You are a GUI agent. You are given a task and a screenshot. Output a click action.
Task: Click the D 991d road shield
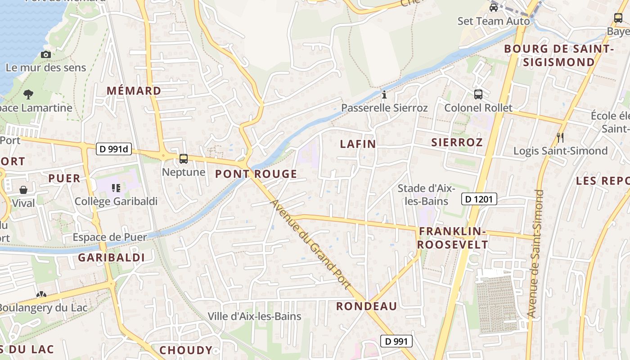point(114,149)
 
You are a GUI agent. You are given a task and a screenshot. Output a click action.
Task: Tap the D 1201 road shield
point(479,198)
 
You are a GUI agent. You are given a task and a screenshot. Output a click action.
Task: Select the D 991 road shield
point(396,341)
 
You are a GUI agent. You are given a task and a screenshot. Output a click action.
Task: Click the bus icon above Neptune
point(184,158)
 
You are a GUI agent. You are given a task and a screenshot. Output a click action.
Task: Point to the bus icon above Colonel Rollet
point(478,94)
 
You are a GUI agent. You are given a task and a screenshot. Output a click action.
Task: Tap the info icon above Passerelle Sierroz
point(384,94)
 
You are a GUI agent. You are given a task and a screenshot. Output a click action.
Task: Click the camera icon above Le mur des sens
point(45,54)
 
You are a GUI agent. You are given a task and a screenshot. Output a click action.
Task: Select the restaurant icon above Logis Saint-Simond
point(560,137)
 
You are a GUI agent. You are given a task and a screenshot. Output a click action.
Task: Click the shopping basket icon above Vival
point(23,190)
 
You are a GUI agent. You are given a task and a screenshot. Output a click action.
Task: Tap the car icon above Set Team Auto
point(494,8)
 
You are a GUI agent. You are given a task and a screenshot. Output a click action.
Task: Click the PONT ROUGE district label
point(256,174)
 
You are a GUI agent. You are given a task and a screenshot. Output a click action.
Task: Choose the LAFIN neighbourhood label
point(358,144)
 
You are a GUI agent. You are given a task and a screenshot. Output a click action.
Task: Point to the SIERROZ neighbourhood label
point(457,143)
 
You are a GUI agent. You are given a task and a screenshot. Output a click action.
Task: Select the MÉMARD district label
point(134,91)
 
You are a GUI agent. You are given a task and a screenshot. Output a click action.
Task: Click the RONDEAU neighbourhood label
point(367,306)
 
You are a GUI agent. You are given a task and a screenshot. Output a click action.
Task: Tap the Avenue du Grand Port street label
point(310,244)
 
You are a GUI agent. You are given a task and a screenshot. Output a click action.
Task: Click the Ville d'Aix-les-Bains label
point(254,316)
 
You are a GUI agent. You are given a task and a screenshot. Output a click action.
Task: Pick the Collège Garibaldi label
point(116,201)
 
